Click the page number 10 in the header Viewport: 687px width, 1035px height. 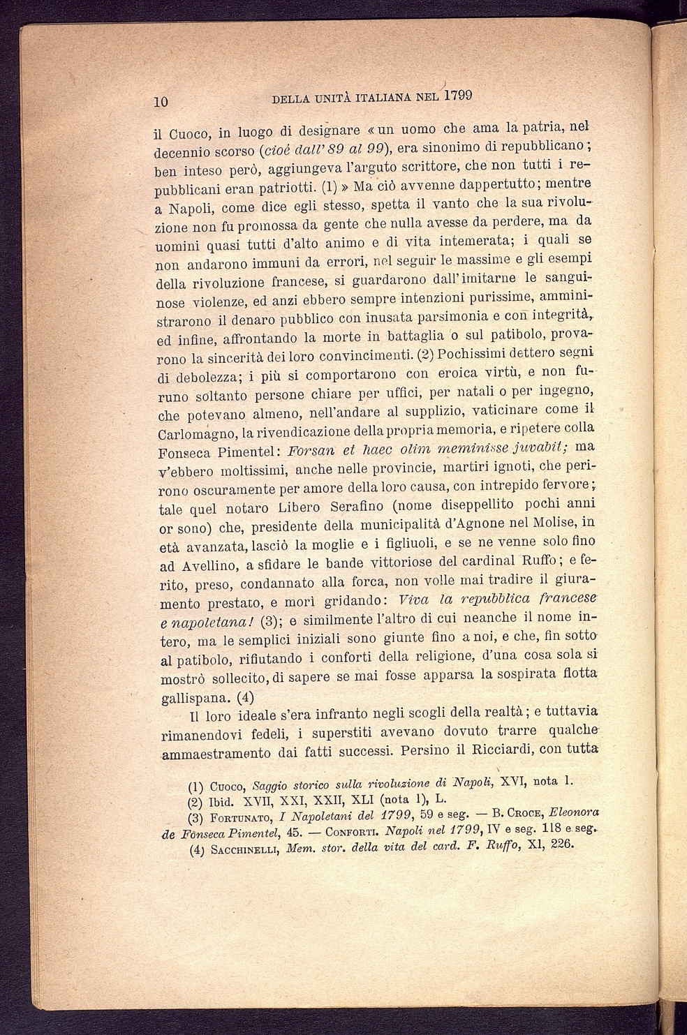pyautogui.click(x=161, y=100)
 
